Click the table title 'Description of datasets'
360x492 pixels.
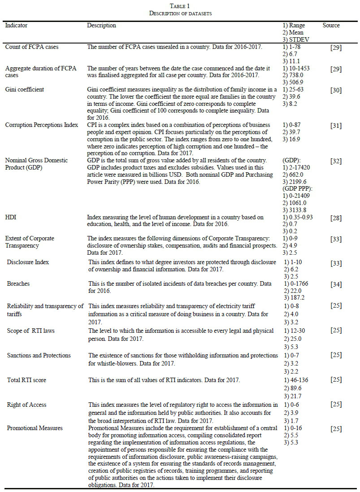pos(180,13)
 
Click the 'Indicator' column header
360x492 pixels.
pos(16,26)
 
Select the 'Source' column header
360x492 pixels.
pos(331,26)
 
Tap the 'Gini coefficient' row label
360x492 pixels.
pos(25,90)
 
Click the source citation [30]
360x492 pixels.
pos(335,90)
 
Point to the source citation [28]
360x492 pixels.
pos(335,218)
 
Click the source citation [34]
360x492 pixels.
pos(335,284)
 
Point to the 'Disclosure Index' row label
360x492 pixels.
pos(28,262)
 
